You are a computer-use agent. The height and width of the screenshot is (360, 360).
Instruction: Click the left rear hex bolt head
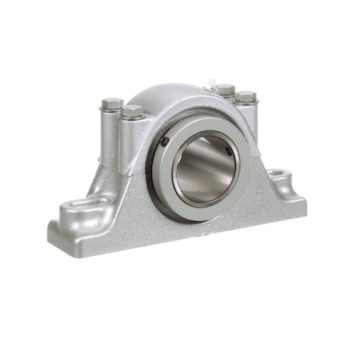point(112,103)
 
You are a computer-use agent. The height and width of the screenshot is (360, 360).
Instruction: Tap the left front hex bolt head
point(132,110)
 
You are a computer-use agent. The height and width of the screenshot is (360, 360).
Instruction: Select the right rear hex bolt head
point(225,88)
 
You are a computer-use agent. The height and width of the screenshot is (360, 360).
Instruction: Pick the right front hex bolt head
point(246,96)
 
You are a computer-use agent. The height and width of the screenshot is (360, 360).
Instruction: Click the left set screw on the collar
point(165,141)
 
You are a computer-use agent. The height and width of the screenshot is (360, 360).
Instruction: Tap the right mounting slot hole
point(279,174)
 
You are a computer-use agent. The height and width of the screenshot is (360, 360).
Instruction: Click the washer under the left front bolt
point(132,117)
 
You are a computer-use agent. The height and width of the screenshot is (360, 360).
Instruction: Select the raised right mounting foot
point(284,179)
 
